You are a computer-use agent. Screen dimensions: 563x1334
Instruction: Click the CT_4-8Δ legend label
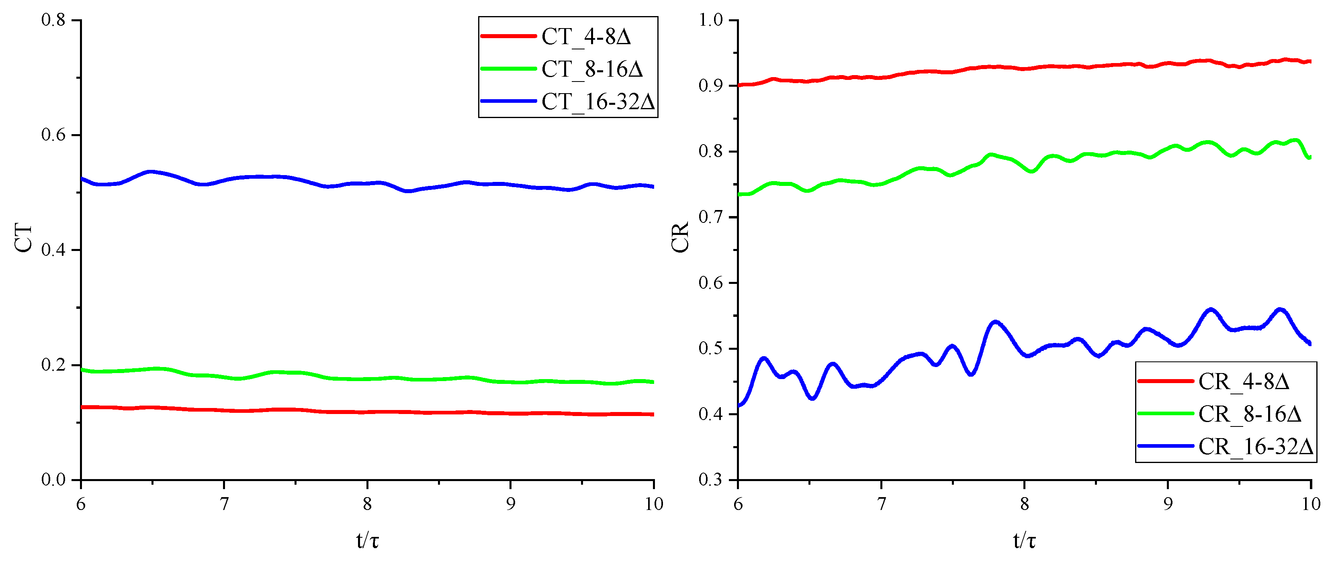click(586, 37)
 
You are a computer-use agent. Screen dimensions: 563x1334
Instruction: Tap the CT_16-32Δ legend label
click(598, 102)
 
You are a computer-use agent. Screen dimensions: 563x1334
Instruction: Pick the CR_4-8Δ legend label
click(1243, 382)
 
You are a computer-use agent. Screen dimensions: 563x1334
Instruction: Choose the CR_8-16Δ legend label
click(1249, 414)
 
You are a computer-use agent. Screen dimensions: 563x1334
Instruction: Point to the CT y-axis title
click(24, 238)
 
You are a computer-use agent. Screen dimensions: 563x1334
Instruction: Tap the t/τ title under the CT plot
click(367, 541)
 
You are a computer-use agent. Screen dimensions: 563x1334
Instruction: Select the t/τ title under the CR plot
click(1024, 541)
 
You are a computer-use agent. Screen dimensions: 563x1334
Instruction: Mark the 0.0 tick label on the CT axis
click(53, 480)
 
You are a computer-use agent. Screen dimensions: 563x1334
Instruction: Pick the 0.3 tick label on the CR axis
click(710, 480)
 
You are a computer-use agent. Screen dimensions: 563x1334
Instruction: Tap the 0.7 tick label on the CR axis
click(710, 217)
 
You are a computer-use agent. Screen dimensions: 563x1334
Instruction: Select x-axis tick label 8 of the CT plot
click(367, 504)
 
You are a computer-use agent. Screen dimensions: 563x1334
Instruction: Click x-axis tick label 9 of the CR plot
click(1168, 504)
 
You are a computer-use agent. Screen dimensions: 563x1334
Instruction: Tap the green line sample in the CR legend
click(1165, 414)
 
